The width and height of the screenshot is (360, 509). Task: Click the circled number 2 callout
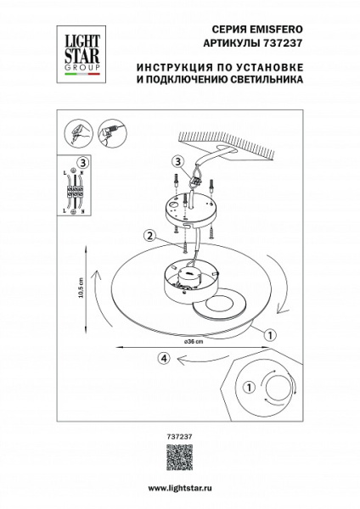click(149, 236)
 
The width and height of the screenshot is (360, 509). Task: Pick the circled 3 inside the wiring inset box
click(82, 162)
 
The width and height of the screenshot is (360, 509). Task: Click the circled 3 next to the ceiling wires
click(177, 160)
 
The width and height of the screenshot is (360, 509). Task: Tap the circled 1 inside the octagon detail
click(248, 388)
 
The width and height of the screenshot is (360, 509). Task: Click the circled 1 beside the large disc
click(269, 335)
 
